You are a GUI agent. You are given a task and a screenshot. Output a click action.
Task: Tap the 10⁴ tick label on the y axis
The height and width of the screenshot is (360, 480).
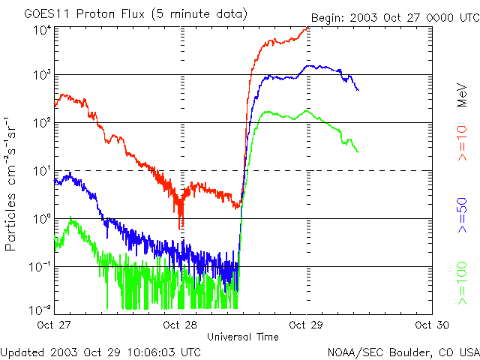(41, 30)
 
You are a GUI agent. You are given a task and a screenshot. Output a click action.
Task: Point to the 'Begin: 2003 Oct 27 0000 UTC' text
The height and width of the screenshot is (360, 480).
(394, 17)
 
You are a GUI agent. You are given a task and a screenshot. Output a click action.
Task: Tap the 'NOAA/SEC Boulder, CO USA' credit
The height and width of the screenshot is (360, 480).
(403, 351)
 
